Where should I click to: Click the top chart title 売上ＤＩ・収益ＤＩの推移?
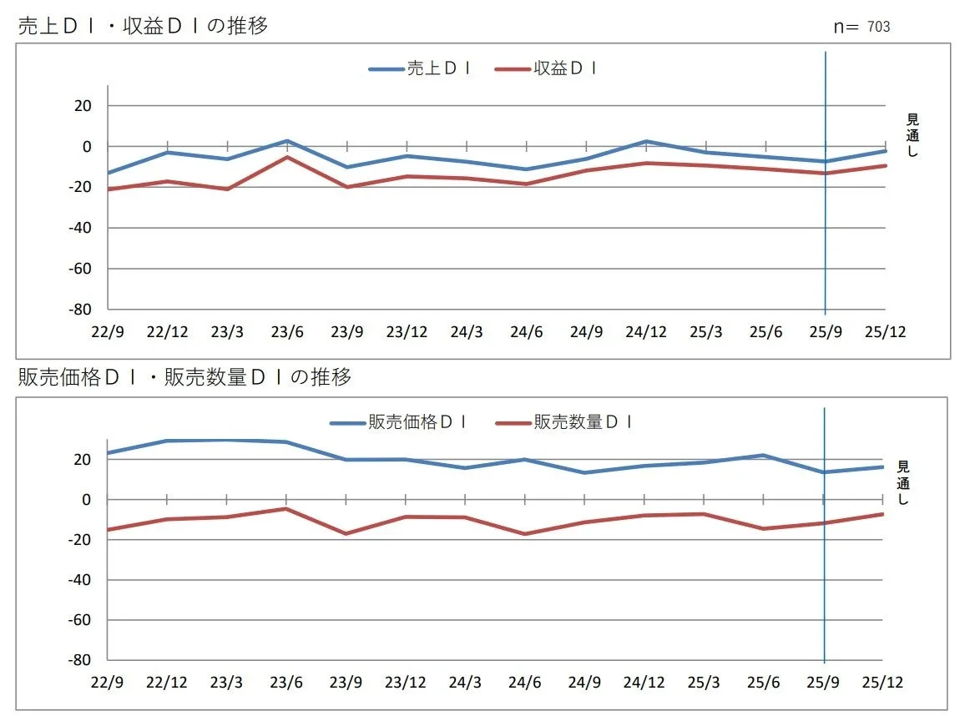(x=143, y=26)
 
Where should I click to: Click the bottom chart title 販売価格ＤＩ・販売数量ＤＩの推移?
(x=184, y=377)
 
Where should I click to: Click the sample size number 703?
(x=878, y=27)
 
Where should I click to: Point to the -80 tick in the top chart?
(x=81, y=310)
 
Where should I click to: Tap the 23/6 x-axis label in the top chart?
(x=286, y=332)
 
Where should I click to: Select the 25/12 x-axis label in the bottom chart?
(x=882, y=683)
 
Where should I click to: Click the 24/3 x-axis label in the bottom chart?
(x=465, y=683)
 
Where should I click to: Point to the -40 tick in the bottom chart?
(x=81, y=580)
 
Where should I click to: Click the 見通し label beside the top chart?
(x=912, y=136)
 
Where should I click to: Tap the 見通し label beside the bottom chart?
(x=902, y=482)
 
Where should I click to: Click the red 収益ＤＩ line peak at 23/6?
(x=286, y=157)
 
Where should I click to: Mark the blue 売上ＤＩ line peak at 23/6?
(x=286, y=141)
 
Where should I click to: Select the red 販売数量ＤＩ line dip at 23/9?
(x=346, y=533)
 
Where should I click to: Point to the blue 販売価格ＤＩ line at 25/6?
(x=763, y=456)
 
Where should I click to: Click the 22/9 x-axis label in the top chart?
(x=108, y=332)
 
